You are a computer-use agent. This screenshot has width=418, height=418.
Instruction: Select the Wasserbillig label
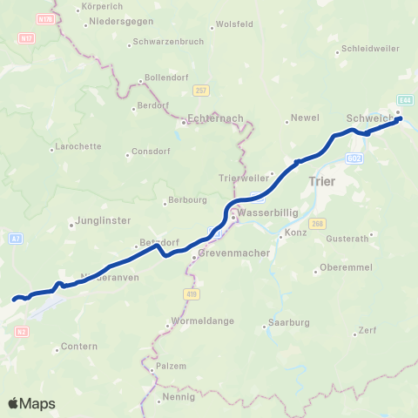click(x=261, y=211)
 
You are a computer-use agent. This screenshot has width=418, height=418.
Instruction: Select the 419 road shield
click(x=190, y=294)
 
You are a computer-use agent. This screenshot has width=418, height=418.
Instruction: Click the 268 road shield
click(x=316, y=225)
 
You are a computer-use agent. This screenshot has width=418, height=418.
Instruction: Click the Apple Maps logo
click(x=31, y=403)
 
